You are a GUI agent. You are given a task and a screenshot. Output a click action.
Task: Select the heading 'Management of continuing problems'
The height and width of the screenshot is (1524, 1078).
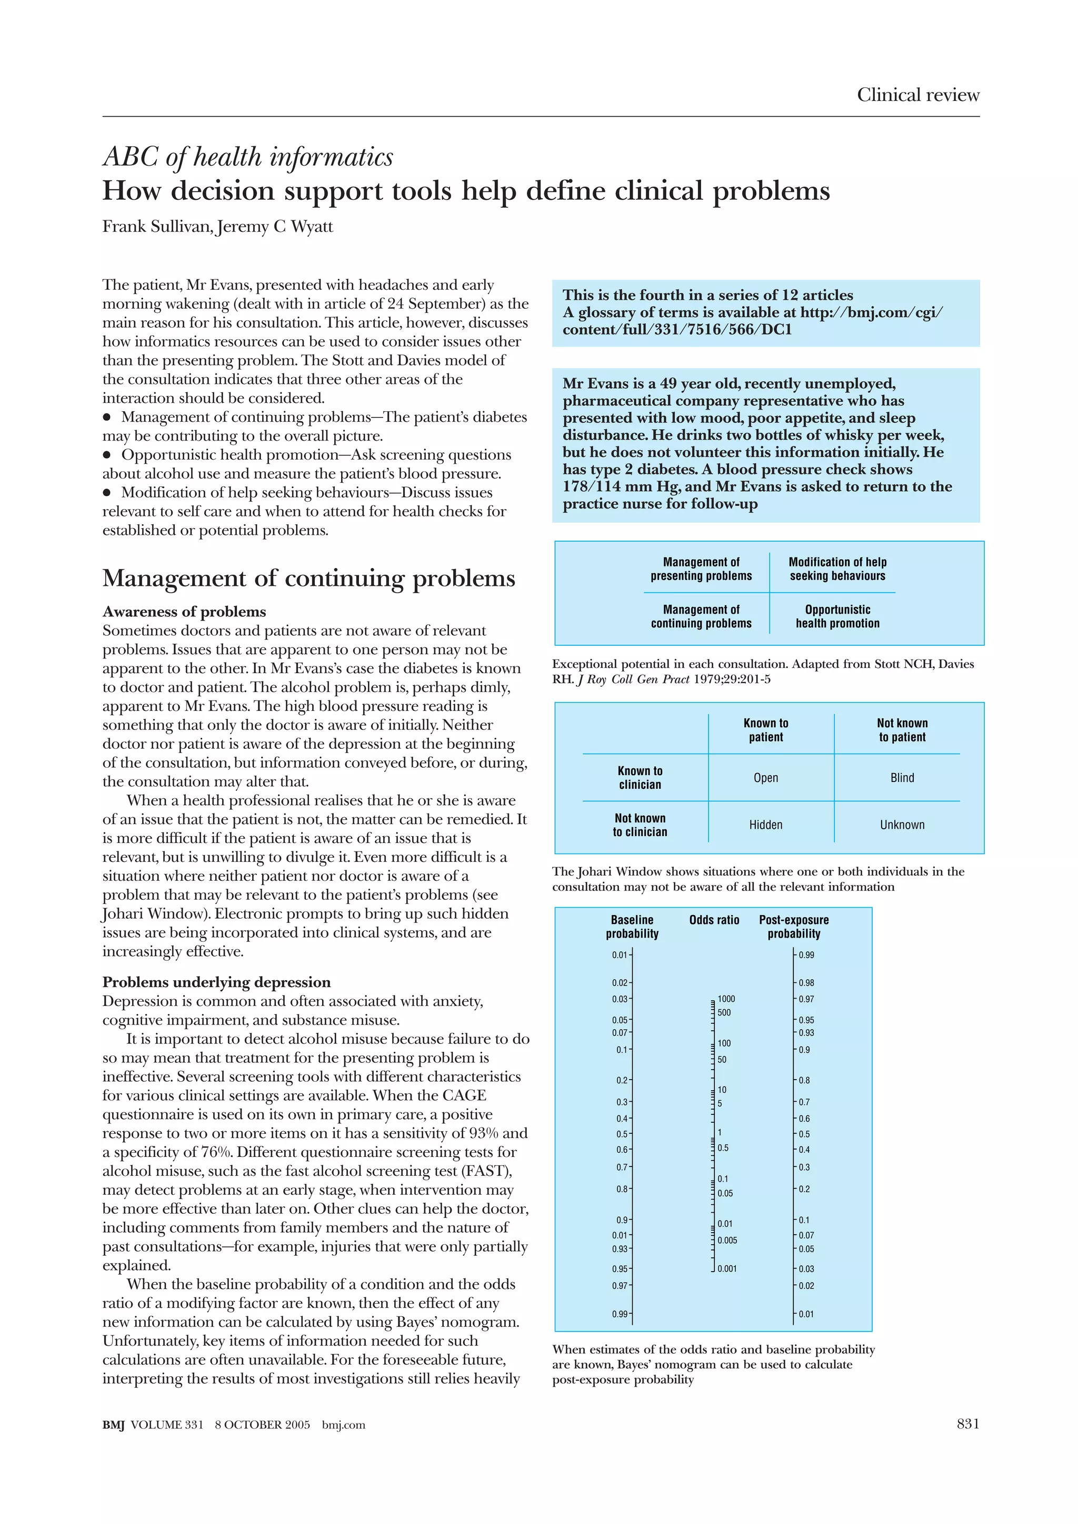(308, 577)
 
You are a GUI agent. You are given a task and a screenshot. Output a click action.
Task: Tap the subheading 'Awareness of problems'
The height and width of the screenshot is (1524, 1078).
(184, 611)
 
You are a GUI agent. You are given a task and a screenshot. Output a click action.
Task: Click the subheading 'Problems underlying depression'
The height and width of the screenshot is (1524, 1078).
(216, 982)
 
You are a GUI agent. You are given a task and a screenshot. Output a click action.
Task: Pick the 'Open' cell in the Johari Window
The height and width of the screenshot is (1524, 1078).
(765, 777)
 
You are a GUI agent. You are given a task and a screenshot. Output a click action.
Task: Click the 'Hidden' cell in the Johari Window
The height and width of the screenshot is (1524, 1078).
(765, 825)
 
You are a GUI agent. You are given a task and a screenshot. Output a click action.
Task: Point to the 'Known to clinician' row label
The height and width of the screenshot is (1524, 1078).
(640, 777)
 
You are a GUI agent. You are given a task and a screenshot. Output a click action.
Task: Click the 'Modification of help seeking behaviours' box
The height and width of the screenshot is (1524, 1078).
(837, 569)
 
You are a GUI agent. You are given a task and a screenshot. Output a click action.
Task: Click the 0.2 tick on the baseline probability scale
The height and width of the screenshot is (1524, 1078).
(622, 1080)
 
